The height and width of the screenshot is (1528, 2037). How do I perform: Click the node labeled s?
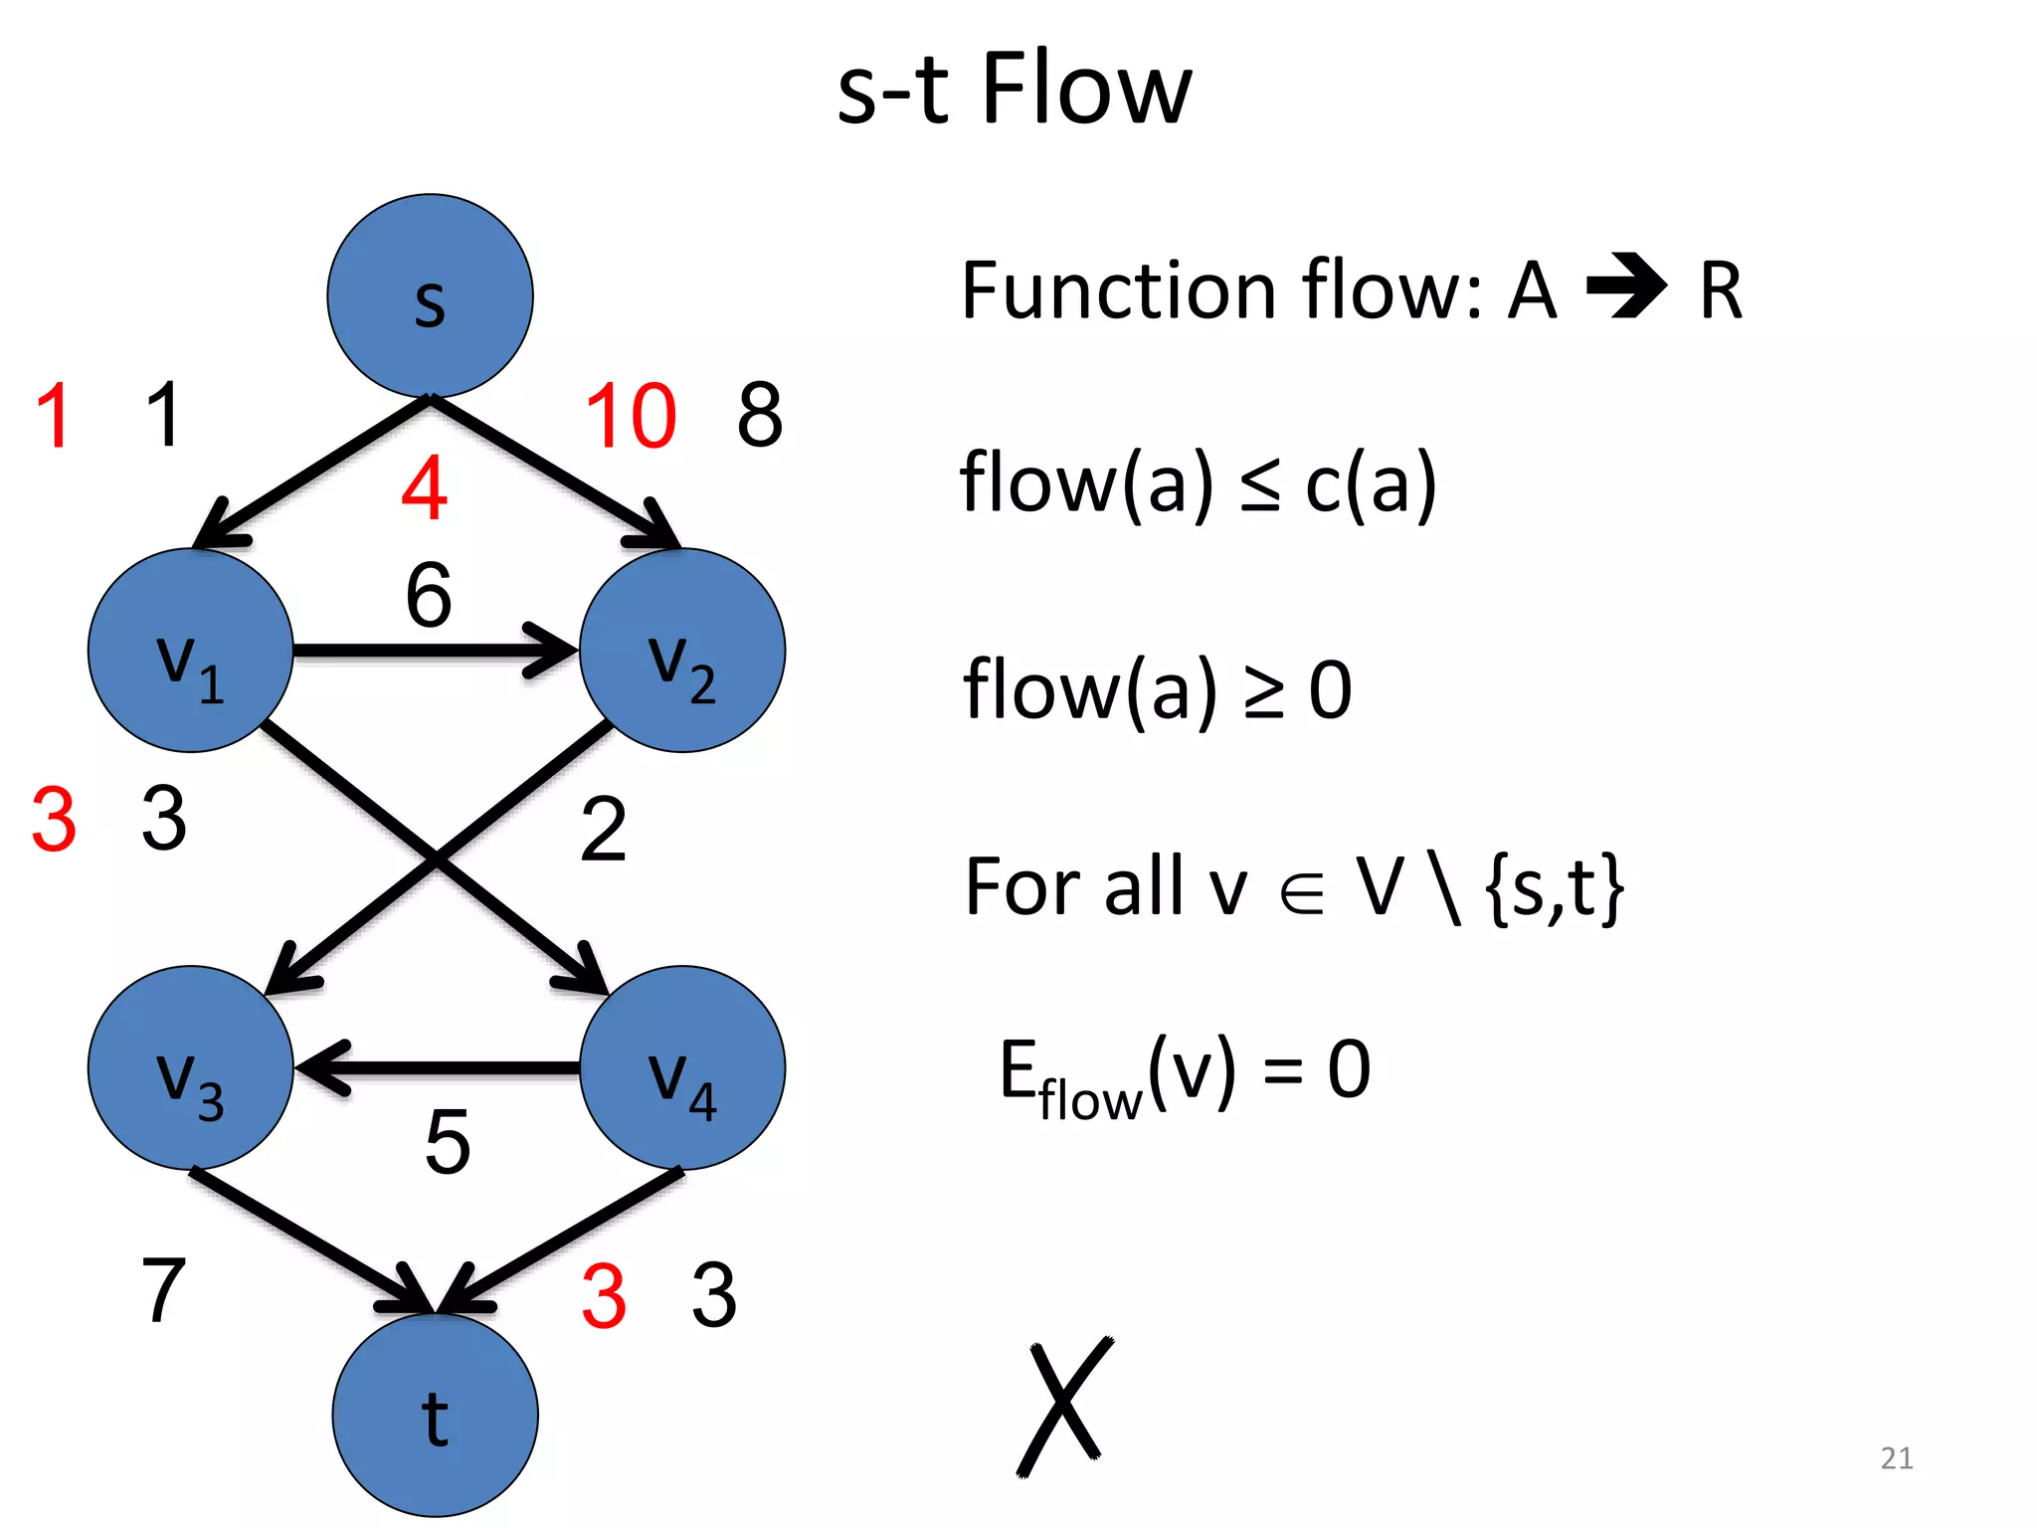430,295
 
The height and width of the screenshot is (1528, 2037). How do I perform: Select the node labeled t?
435,1415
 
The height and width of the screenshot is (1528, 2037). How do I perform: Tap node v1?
190,651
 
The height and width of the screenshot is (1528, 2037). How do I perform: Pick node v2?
682,651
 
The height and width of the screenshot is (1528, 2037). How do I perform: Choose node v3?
190,1067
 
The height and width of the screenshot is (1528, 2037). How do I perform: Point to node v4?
682,1067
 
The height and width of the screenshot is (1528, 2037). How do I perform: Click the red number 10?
631,416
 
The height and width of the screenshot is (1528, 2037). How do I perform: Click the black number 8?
760,415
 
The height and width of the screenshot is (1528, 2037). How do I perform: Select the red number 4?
425,488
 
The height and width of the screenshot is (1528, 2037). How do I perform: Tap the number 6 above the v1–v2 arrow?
429,595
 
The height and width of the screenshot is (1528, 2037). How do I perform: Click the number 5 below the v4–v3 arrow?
447,1141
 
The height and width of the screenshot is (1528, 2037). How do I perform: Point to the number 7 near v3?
164,1290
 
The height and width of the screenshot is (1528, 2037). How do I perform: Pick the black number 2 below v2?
603,829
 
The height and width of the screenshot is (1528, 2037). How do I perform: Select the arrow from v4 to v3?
438,1068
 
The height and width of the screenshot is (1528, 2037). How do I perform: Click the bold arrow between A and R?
1626,286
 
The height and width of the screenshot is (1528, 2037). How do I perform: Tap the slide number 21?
1896,1458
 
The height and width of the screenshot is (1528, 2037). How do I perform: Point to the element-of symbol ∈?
1302,890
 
